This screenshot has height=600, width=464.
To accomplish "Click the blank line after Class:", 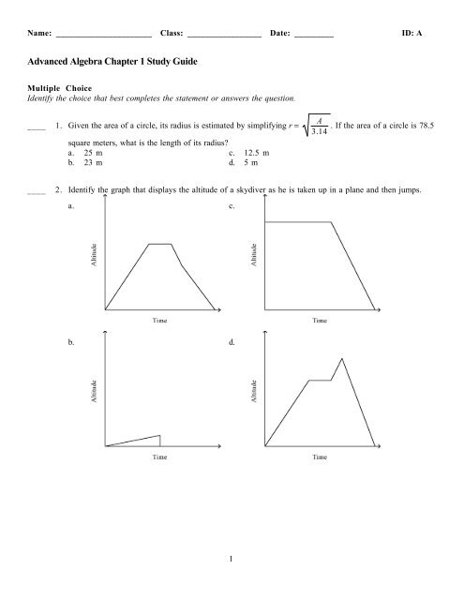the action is [224, 35].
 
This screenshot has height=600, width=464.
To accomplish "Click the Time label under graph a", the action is [161, 320].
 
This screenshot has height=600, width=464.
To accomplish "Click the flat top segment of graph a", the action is [159, 243].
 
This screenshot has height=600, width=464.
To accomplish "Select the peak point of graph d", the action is [341, 359].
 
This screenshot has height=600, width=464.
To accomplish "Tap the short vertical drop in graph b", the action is [160, 440].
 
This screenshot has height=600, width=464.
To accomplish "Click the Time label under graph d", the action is [320, 458].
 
